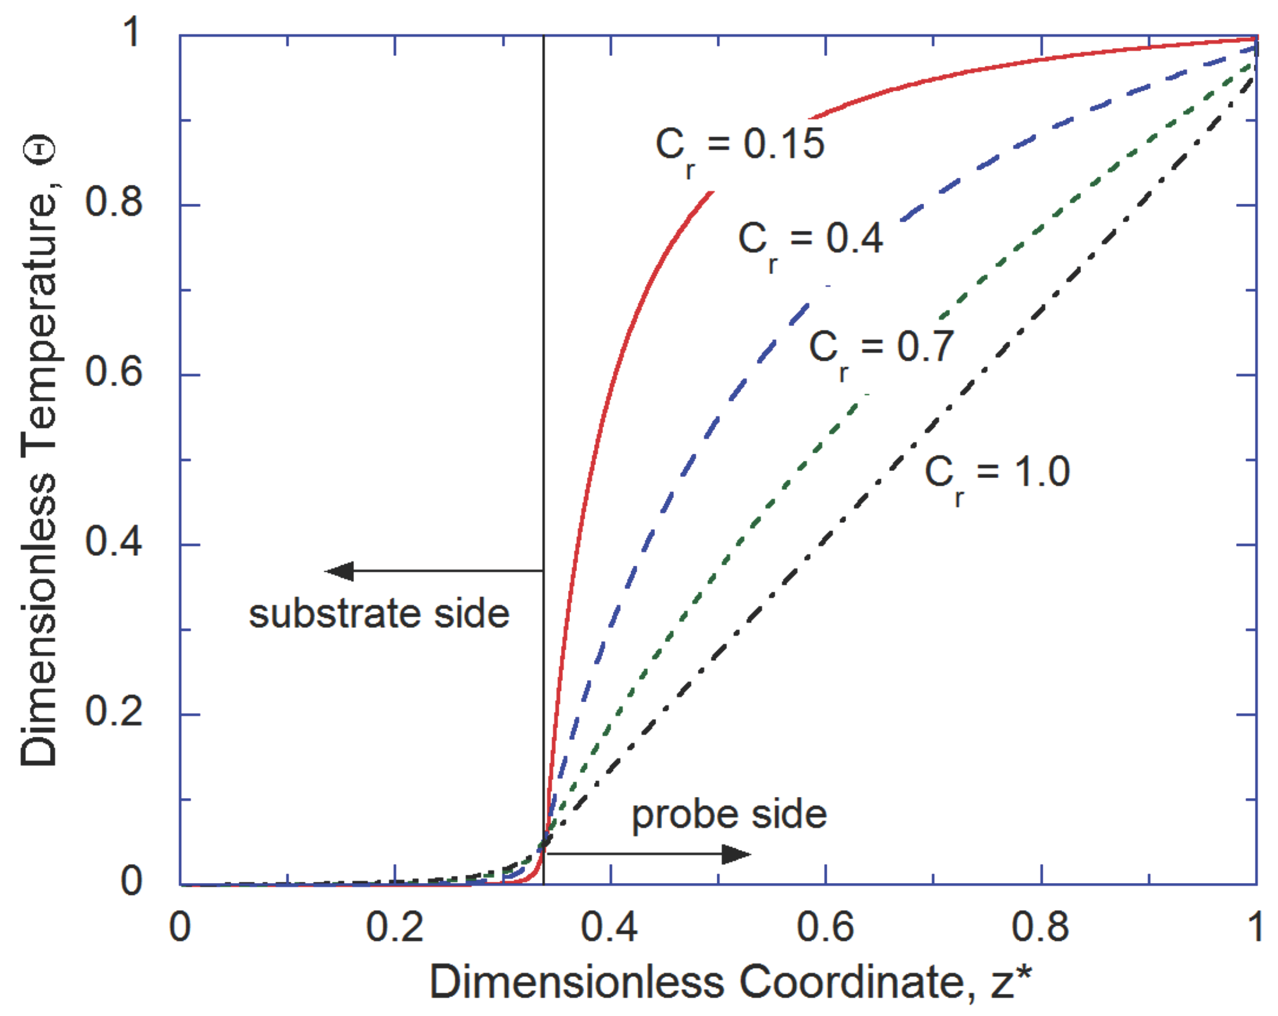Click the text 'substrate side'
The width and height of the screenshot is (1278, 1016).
pos(379,614)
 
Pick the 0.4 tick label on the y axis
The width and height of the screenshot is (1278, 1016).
pos(114,542)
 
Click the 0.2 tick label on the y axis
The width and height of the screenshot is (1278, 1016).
pos(114,712)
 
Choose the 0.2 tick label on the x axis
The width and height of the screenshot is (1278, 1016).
pos(395,928)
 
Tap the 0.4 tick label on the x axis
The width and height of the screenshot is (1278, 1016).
pos(610,928)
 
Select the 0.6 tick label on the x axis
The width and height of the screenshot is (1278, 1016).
pos(825,928)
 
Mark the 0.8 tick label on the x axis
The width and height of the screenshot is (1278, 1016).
pos(1041,928)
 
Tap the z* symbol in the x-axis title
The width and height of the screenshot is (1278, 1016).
pos(1011,983)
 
